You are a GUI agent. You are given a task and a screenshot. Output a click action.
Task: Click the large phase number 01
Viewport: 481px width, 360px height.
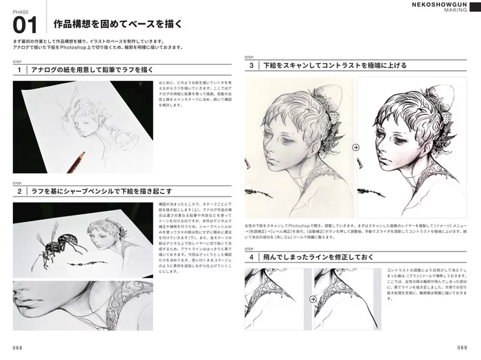point(25,25)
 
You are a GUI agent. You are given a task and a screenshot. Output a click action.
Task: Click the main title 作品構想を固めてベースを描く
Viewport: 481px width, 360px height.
point(118,25)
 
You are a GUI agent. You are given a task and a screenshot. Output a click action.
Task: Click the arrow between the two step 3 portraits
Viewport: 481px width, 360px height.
point(355,146)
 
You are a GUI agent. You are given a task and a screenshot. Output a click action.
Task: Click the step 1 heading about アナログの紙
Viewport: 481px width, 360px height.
point(89,70)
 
